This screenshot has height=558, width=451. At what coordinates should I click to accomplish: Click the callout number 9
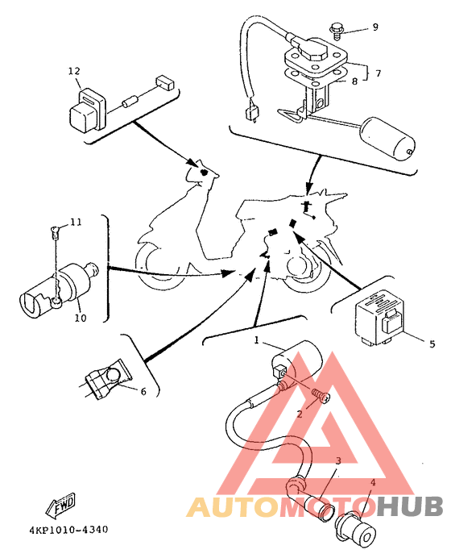375,27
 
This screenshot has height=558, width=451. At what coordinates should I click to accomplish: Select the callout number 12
74,71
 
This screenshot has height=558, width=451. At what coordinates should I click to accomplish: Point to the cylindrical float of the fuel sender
387,139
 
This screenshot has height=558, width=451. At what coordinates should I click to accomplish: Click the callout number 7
379,73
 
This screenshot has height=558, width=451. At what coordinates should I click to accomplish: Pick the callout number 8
354,81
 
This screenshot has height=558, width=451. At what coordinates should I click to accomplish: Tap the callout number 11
76,223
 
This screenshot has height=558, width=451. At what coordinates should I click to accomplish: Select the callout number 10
81,318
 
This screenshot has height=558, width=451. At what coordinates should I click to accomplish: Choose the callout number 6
143,391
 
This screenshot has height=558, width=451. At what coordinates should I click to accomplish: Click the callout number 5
432,344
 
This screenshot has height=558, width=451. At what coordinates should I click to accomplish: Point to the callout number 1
257,340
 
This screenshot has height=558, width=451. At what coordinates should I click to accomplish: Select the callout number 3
338,460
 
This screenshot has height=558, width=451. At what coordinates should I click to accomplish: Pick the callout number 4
373,482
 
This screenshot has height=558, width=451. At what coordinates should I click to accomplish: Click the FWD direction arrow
60,505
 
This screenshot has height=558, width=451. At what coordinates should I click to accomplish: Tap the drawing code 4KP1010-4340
68,530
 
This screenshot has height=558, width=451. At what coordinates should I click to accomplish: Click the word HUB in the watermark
410,506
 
